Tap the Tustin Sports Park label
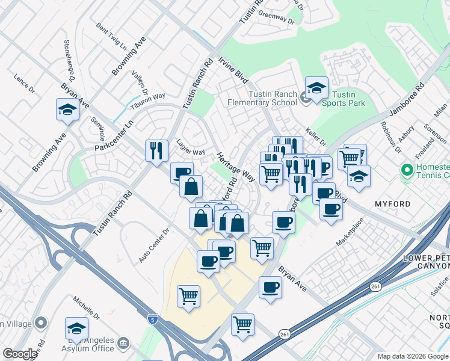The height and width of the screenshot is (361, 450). (344, 99)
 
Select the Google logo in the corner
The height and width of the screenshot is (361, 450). (20, 354)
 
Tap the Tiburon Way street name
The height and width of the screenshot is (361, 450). (149, 99)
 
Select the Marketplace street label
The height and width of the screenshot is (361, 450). (350, 232)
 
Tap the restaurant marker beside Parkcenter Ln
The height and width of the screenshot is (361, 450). (156, 150)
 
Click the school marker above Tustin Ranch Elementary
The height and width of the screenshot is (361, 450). (316, 88)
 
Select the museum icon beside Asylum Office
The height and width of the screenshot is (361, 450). (123, 344)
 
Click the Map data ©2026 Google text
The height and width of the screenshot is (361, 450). (412, 356)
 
